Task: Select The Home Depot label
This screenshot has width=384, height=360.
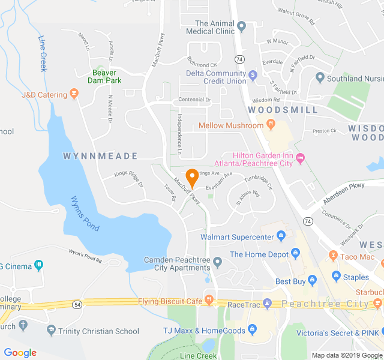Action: [x=260, y=254]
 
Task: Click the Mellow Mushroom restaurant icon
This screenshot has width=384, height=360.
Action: [x=271, y=125]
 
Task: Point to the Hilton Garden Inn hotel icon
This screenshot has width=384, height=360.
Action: [x=301, y=158]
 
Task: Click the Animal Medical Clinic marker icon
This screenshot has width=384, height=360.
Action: [x=242, y=26]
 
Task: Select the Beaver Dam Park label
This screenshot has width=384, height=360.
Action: [x=104, y=76]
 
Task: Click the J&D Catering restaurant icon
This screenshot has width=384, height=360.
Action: [x=74, y=94]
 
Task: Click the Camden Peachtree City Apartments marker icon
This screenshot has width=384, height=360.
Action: [x=218, y=261]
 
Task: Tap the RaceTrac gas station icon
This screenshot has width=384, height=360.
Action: [x=268, y=304]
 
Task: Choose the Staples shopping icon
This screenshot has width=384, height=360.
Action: [x=336, y=277]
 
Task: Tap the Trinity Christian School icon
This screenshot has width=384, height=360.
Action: [x=52, y=331]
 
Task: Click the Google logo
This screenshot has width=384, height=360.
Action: [x=20, y=353]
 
